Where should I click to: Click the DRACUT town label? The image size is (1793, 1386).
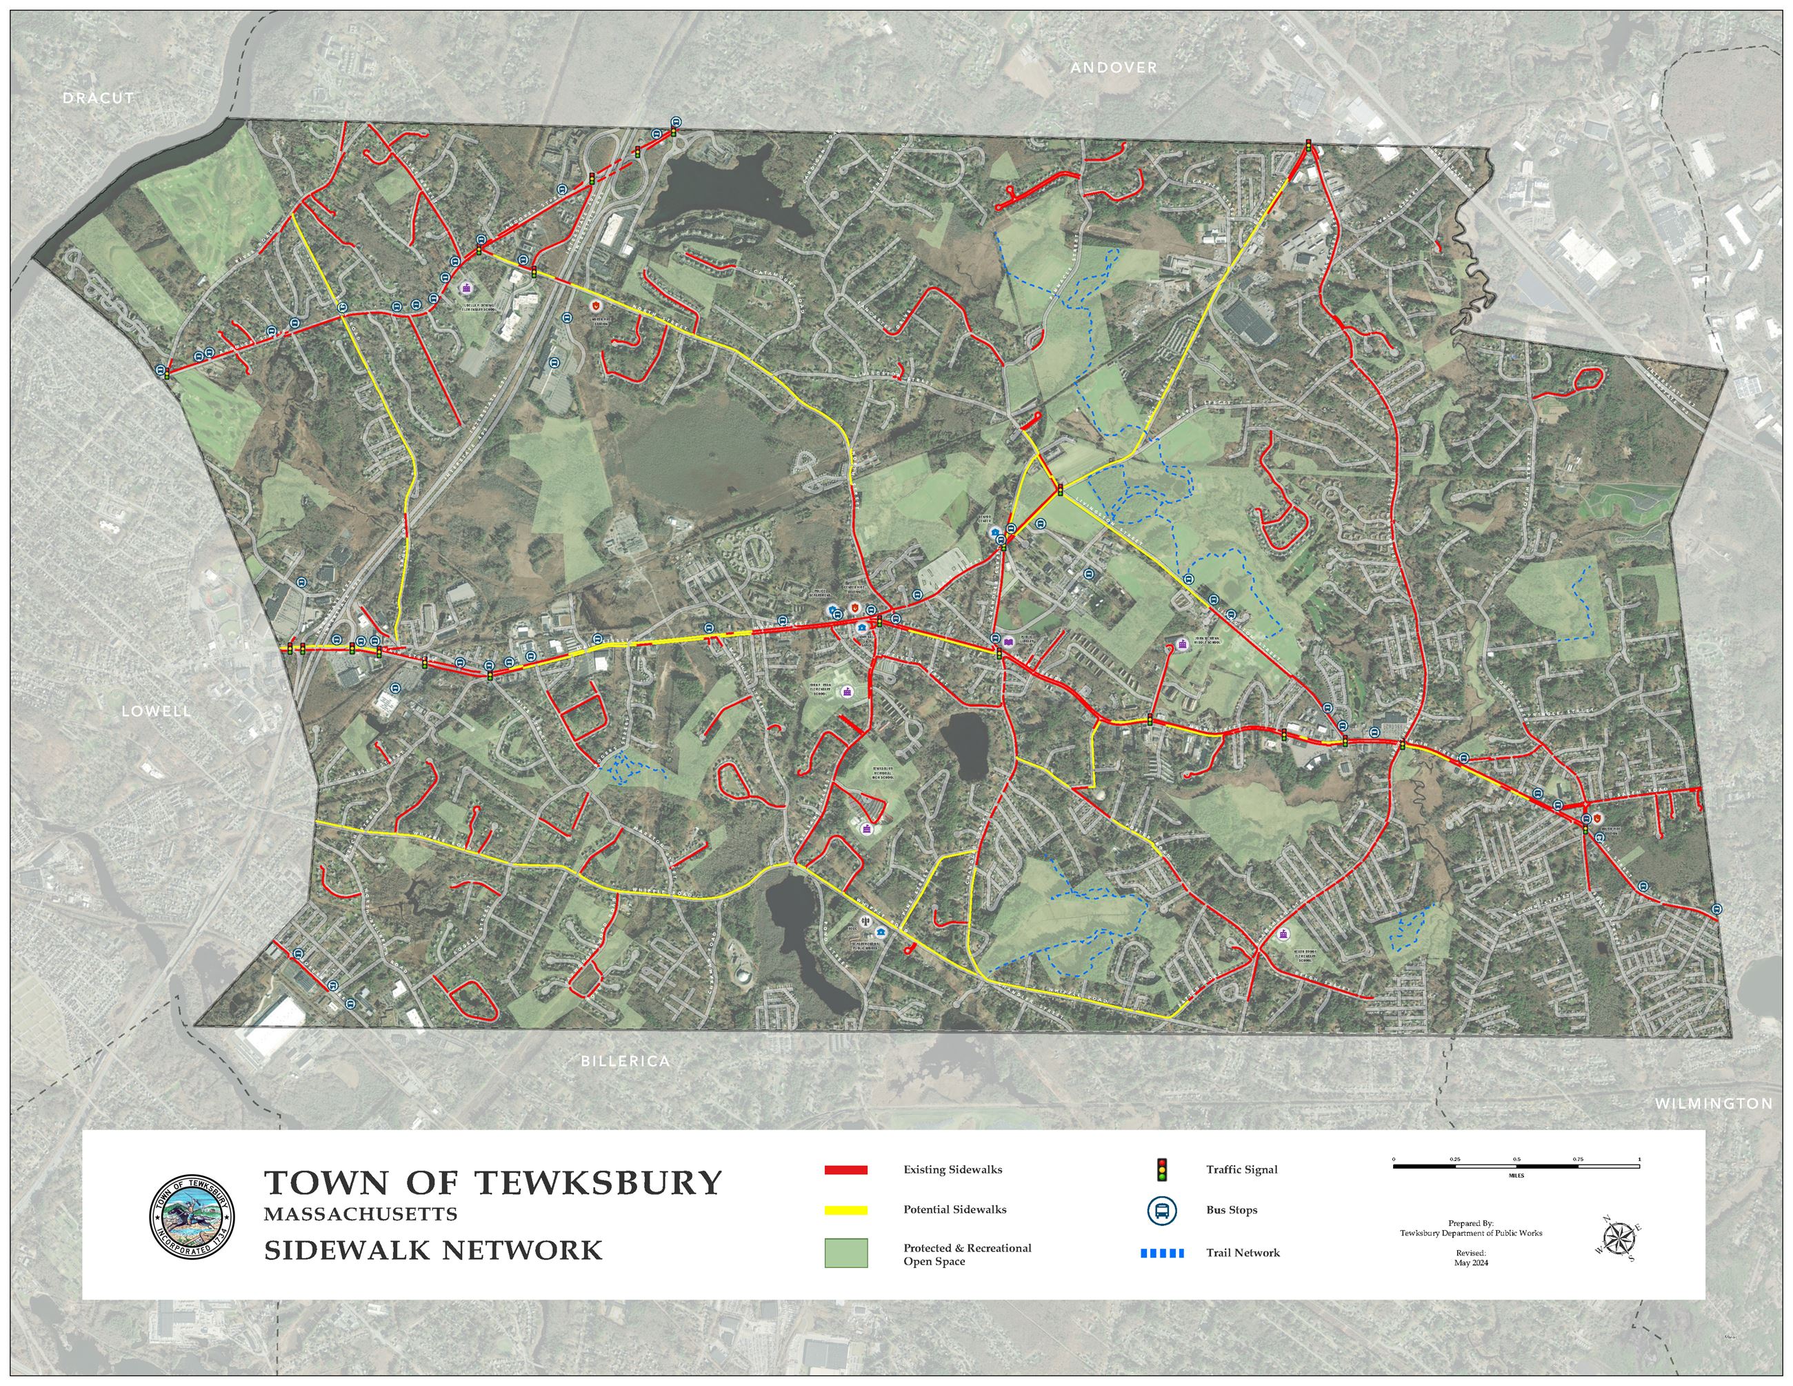pos(99,98)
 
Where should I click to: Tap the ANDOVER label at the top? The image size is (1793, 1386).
pos(1113,68)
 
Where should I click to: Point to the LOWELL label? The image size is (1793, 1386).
pos(156,711)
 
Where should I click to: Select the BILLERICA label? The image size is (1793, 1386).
pos(625,1061)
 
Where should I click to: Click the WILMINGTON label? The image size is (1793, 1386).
pos(1714,1104)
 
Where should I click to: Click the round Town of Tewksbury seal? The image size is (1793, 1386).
pos(191,1216)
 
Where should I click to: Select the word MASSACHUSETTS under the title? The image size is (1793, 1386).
pos(361,1214)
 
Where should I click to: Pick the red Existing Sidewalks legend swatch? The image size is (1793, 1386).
pos(845,1170)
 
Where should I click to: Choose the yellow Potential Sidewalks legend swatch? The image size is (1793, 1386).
pos(845,1209)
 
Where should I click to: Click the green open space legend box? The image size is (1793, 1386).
pos(845,1253)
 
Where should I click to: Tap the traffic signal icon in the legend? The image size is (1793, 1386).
pos(1162,1169)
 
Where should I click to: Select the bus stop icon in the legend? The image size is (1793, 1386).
pos(1163,1210)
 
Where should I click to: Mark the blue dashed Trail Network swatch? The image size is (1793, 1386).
pos(1162,1253)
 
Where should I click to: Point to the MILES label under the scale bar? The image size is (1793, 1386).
pos(1516,1175)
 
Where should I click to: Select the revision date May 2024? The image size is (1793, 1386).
pos(1470,1263)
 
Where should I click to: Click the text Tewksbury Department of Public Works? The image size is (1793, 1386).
pos(1470,1234)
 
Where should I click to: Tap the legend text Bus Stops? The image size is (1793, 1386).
pos(1232,1210)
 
